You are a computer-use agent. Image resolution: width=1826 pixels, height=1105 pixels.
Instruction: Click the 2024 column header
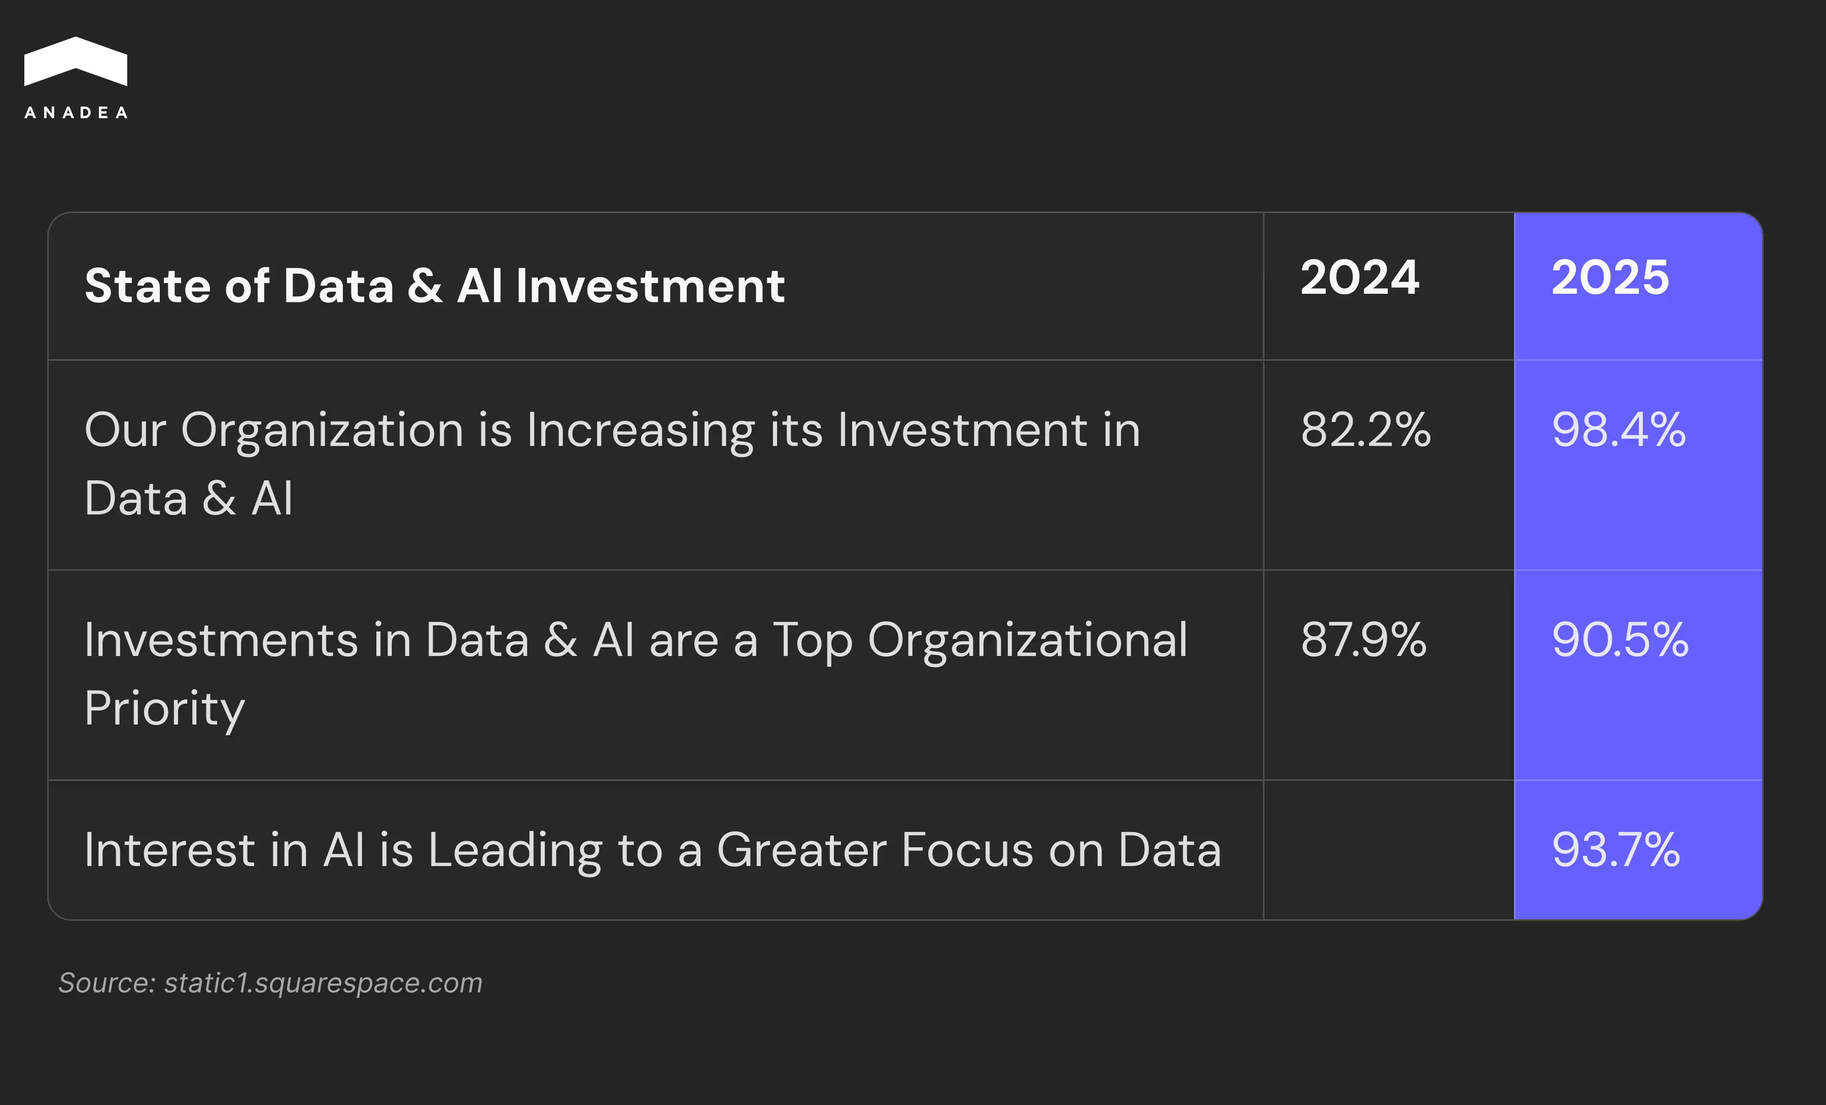1360,278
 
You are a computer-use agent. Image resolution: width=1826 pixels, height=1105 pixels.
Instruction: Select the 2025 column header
1610,278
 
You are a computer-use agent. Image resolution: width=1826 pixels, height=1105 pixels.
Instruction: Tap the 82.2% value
1366,430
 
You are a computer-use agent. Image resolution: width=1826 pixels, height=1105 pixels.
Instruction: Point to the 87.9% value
1363,640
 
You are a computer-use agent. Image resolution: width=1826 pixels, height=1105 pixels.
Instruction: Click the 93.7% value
1616,849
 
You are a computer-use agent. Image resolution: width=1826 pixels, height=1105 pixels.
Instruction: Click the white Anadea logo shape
76,61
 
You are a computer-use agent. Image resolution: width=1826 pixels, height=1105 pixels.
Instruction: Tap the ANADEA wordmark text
76,113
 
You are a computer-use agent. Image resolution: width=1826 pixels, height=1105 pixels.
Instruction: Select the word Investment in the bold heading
650,286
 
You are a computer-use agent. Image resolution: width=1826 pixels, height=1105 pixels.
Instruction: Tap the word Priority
164,710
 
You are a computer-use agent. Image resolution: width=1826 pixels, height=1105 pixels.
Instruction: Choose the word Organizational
1028,642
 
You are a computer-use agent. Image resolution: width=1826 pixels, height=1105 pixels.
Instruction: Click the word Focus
967,850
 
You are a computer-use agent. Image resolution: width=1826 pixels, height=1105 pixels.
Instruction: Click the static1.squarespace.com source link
323,983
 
